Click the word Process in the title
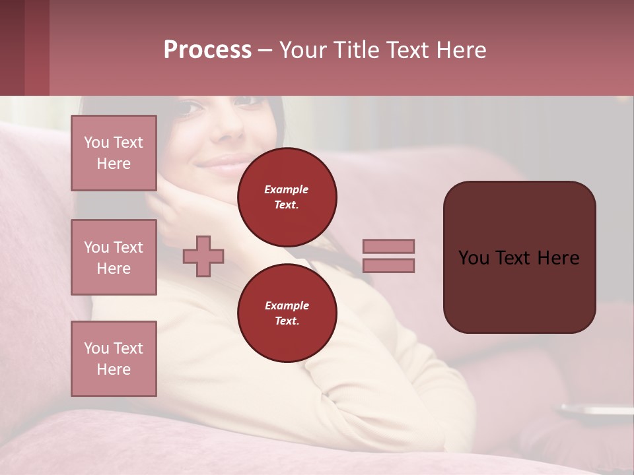click(207, 50)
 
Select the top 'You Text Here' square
click(114, 153)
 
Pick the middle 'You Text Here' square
click(114, 257)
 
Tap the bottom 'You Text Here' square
click(114, 358)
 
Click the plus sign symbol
click(203, 256)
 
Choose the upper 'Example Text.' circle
click(287, 197)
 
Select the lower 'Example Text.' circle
click(287, 313)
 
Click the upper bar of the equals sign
click(388, 246)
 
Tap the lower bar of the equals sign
click(388, 265)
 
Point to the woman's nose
click(229, 125)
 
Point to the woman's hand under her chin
click(178, 211)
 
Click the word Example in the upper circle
click(287, 189)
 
